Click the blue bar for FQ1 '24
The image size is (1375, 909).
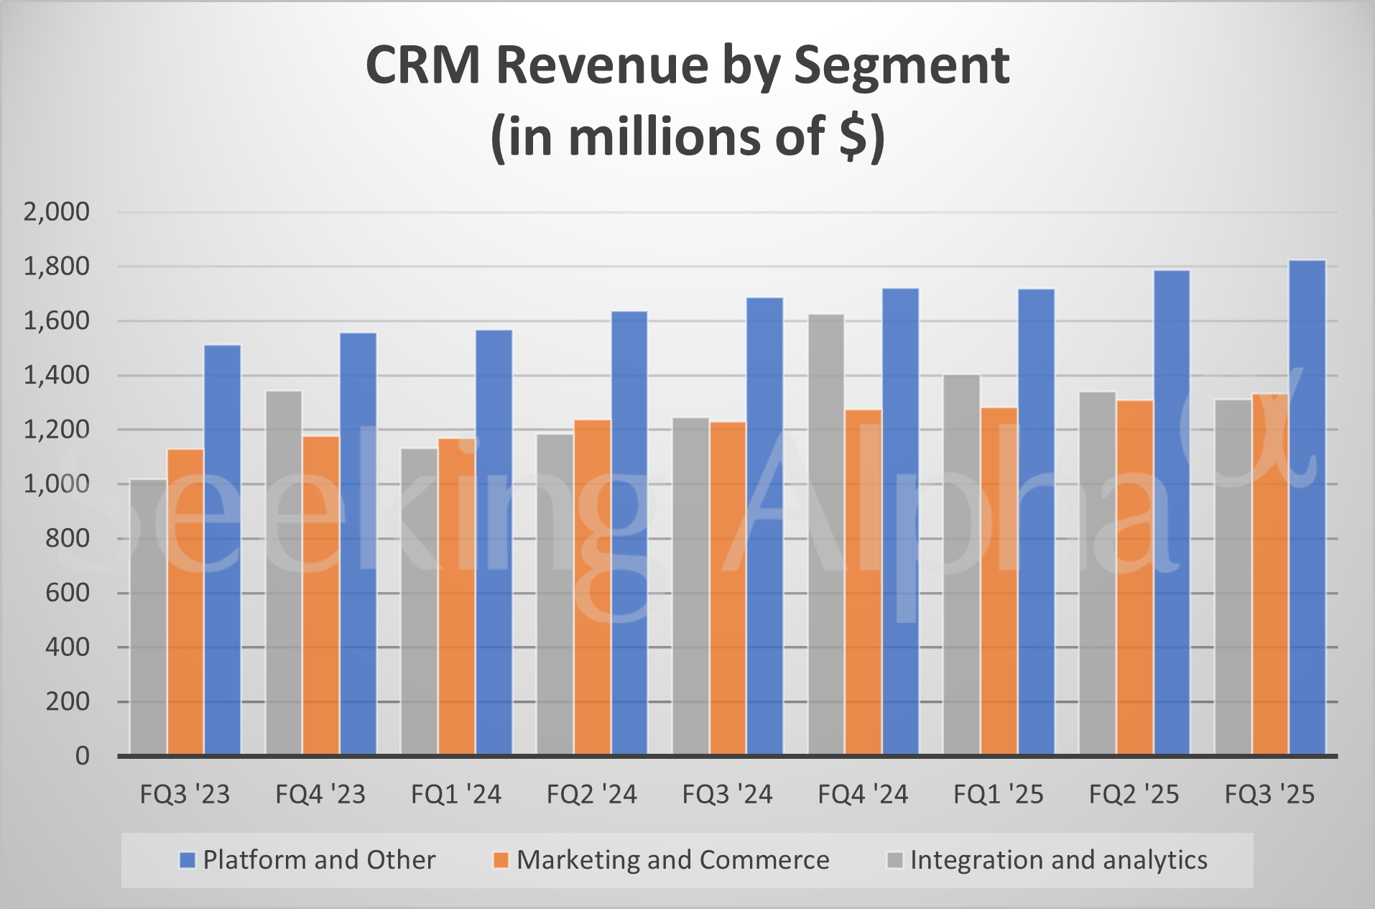tap(494, 542)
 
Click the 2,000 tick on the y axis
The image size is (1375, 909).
tap(57, 212)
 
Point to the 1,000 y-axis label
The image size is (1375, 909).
tap(57, 484)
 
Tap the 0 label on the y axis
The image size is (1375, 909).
tap(83, 756)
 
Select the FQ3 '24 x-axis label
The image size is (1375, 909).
tap(727, 795)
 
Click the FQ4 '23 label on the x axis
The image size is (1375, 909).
tap(320, 795)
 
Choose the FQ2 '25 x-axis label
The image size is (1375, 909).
tap(1134, 795)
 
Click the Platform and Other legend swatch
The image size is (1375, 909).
tap(187, 860)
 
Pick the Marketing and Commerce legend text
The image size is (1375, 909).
tap(673, 860)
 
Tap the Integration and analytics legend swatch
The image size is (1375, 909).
tap(895, 860)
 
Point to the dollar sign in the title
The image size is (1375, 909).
tap(853, 137)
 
